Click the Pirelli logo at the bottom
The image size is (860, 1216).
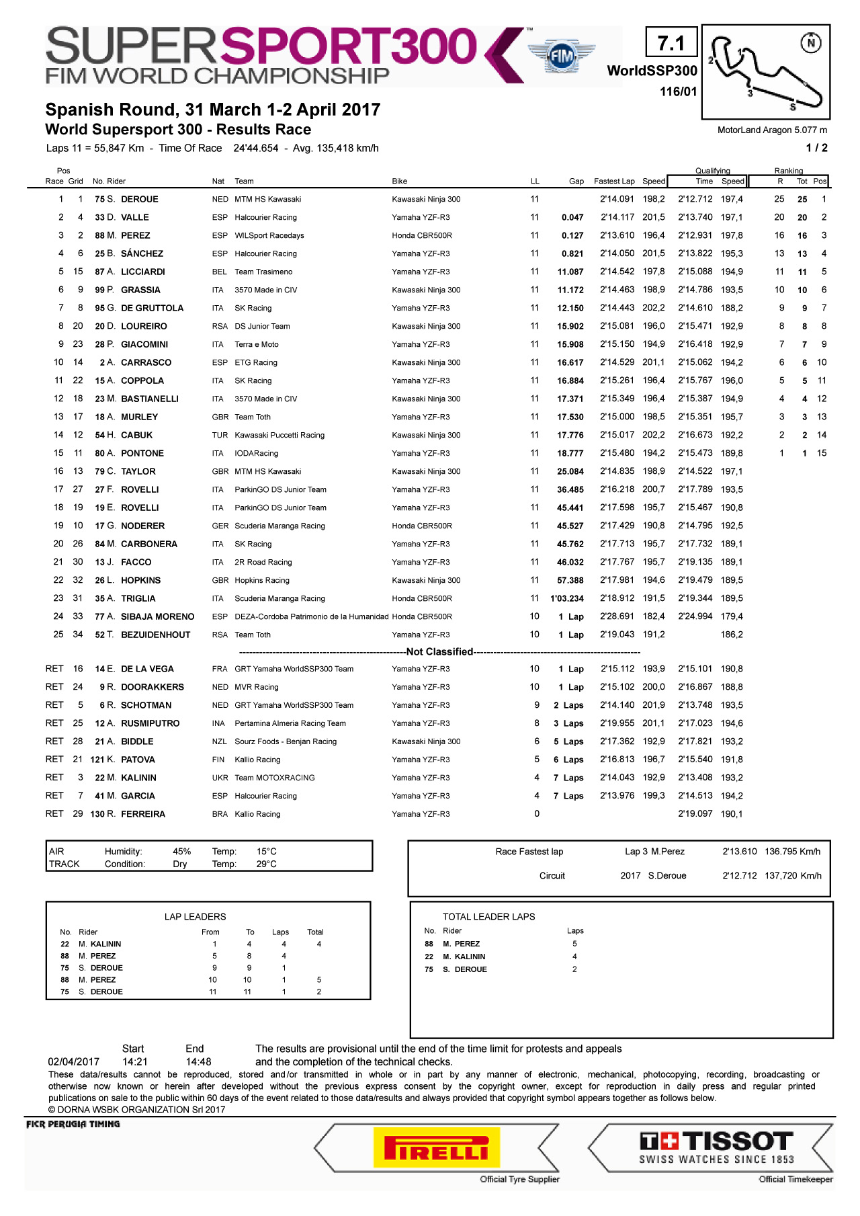tap(436, 1147)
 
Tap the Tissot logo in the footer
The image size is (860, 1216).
tap(716, 1147)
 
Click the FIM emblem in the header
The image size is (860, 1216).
tap(561, 56)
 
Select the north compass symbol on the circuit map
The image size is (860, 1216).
tap(811, 43)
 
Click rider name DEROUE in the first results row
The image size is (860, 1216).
tap(139, 199)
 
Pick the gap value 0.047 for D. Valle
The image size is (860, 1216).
tap(572, 217)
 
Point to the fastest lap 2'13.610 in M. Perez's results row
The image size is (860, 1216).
tap(617, 235)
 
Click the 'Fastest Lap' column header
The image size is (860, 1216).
tap(614, 181)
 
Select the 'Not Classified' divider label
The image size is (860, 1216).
tap(439, 651)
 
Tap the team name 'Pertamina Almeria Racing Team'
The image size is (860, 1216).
tap(290, 723)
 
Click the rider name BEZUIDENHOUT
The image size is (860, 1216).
tap(155, 635)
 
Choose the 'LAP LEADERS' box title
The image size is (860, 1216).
tap(195, 916)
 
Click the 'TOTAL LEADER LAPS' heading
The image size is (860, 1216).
tap(488, 916)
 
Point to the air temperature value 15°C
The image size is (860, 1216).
tap(266, 851)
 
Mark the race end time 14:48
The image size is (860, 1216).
tap(198, 1061)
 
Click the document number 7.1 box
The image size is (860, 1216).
tap(671, 43)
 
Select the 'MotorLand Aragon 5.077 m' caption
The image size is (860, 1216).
tap(772, 130)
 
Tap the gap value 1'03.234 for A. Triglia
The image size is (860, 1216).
tap(567, 598)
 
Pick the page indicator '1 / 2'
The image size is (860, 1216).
tap(816, 148)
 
